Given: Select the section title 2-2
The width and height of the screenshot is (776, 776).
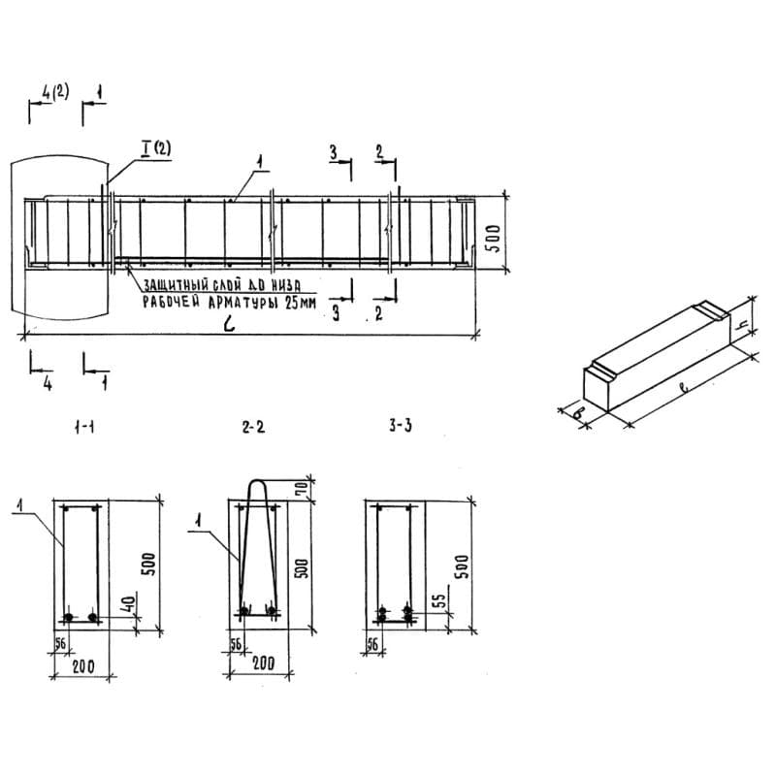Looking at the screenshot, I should pyautogui.click(x=253, y=427).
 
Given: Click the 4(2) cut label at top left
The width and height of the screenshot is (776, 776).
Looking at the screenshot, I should pyautogui.click(x=55, y=94).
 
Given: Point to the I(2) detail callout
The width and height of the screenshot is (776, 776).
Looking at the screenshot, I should pyautogui.click(x=155, y=147).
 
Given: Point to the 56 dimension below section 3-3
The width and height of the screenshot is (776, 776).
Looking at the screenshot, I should pyautogui.click(x=373, y=643).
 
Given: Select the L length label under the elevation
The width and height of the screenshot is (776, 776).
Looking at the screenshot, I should pyautogui.click(x=228, y=324).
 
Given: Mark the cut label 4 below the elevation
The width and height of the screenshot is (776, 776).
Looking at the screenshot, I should pyautogui.click(x=46, y=381).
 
